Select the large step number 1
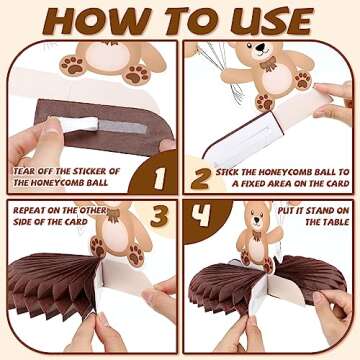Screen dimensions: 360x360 click(159, 178)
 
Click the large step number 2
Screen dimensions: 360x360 click(201, 178)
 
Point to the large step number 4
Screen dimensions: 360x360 click(201, 212)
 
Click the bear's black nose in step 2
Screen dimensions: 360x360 click(260, 47)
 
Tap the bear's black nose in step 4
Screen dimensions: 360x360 click(256, 220)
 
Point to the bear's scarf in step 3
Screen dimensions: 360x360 click(114, 215)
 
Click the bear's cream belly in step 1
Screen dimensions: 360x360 click(107, 56)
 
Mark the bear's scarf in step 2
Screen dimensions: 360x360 click(269, 64)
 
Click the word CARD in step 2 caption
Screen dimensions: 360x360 click(336, 184)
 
